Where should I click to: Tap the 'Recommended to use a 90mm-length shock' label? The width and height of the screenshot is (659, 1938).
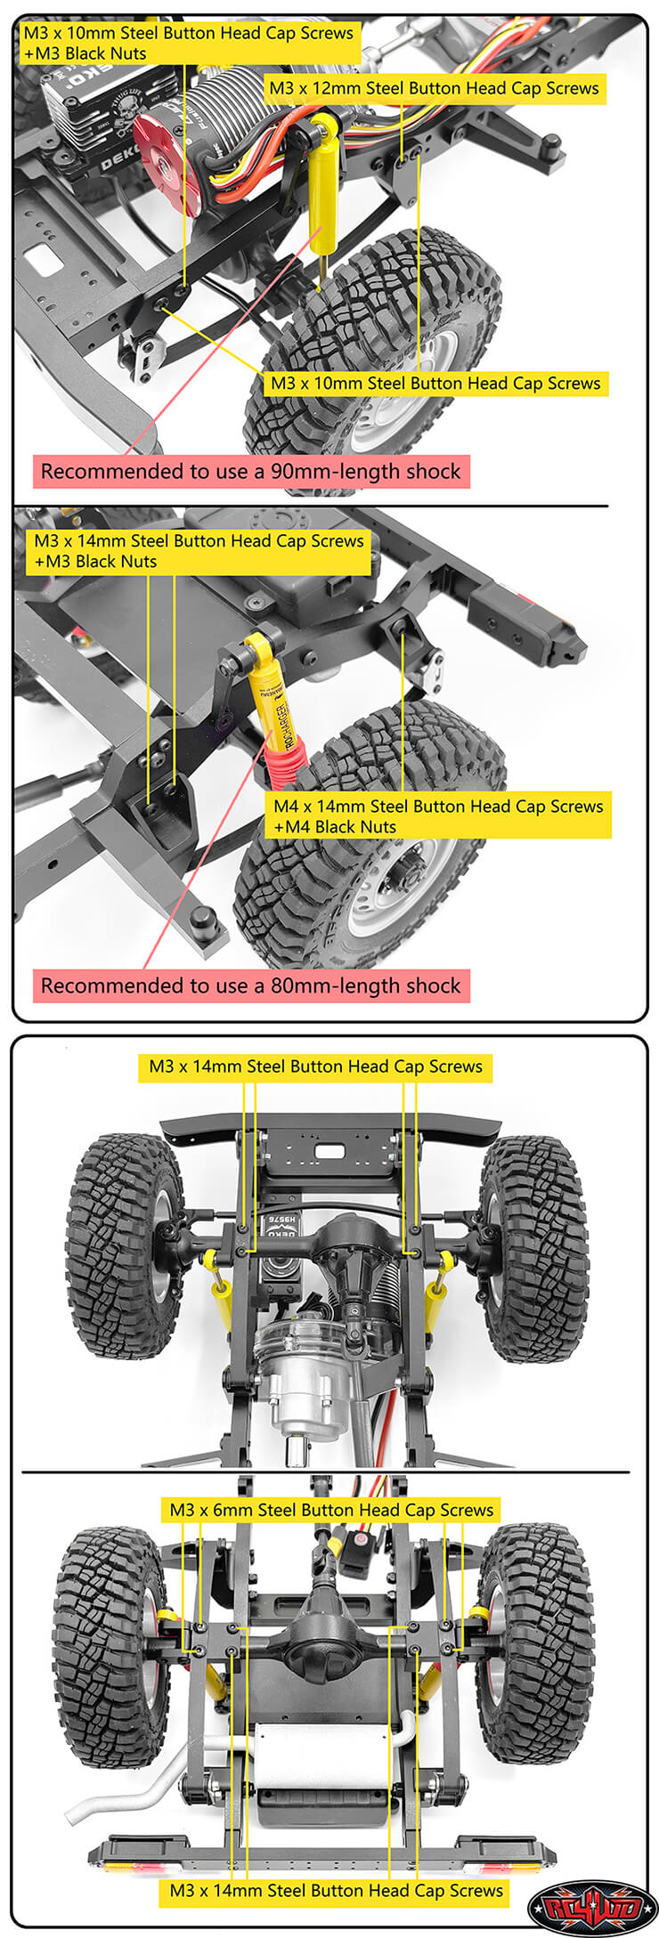(251, 471)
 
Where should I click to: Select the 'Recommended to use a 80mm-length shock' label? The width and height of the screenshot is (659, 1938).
(251, 985)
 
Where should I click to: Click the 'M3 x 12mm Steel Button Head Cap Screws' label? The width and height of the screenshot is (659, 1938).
(434, 88)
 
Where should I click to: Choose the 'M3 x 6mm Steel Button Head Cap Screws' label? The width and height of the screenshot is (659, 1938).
(331, 1510)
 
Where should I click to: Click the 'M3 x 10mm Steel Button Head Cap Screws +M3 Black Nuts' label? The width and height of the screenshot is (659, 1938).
(188, 43)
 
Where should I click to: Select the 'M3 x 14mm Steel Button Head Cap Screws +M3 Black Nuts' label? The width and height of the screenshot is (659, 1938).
(199, 551)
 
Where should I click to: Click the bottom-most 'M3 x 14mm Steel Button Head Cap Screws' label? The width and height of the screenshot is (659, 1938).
(337, 1891)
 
